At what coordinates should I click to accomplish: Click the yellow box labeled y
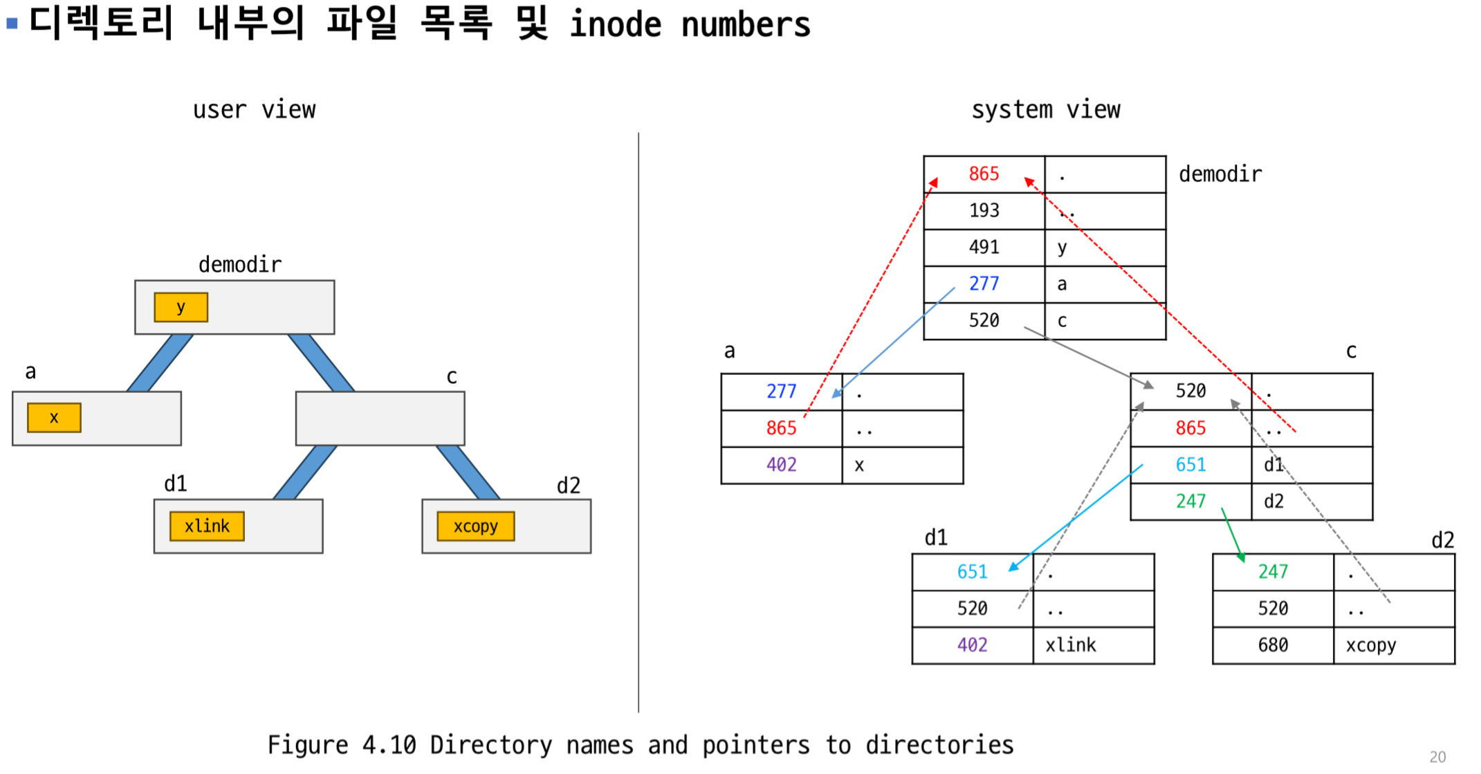[181, 307]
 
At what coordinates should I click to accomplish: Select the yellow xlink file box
[207, 526]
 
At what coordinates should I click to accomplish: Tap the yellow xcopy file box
[475, 526]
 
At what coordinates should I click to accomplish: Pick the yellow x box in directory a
[54, 418]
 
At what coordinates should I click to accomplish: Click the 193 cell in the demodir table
[984, 210]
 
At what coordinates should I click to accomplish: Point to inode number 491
[984, 247]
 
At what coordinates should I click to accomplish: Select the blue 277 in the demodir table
[984, 284]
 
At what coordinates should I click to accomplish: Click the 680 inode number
[1272, 645]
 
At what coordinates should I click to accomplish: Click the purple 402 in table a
[781, 465]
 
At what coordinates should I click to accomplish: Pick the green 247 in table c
[1190, 501]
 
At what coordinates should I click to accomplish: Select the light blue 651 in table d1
[972, 572]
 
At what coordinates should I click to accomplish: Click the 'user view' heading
[254, 110]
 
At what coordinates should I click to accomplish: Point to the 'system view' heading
[1045, 110]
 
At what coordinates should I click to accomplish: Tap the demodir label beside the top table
[1220, 174]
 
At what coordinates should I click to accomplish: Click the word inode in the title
[615, 25]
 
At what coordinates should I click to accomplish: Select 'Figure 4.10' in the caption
[342, 745]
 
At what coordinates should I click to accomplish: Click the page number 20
[1437, 757]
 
